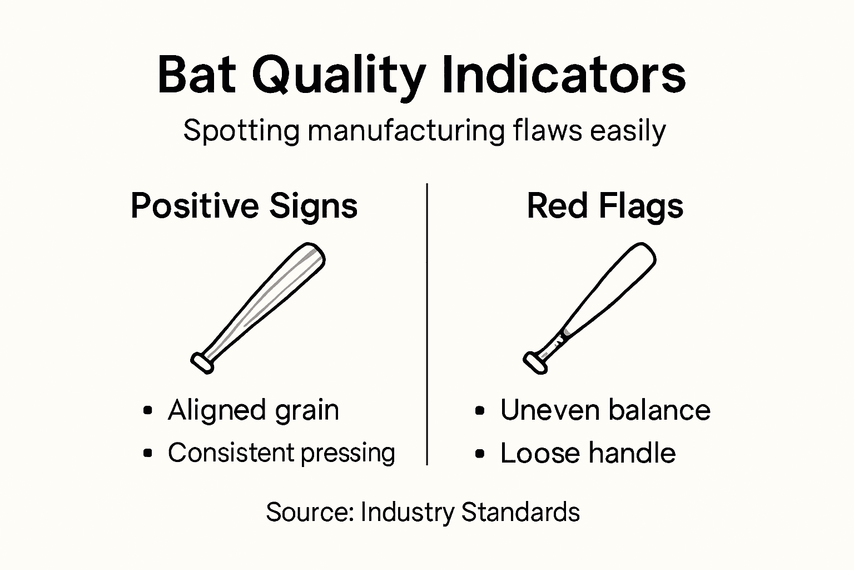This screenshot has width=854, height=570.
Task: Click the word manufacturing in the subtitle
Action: [406, 131]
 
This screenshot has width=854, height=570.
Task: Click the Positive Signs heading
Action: [244, 207]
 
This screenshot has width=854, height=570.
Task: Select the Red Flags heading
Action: [605, 207]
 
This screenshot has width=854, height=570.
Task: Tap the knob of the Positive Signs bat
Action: [202, 362]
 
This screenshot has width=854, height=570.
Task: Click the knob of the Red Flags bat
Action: [535, 362]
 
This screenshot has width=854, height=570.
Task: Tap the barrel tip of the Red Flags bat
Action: [644, 253]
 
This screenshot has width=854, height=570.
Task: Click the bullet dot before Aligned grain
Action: [147, 411]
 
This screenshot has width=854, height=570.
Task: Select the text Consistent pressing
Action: [281, 453]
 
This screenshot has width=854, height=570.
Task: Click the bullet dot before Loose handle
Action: [480, 454]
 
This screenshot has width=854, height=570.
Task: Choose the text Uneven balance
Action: [605, 410]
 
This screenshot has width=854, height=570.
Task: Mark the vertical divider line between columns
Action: [426, 323]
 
